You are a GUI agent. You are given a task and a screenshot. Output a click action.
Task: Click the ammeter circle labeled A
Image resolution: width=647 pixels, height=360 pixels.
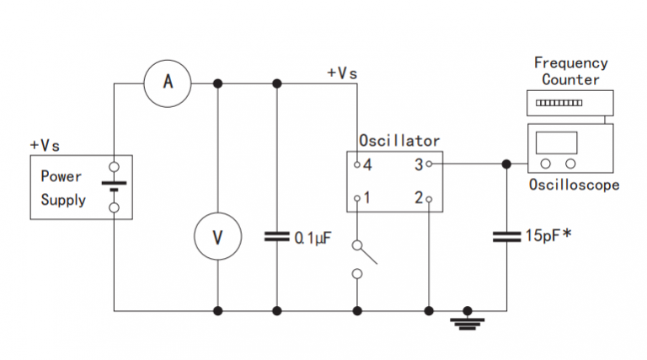168,82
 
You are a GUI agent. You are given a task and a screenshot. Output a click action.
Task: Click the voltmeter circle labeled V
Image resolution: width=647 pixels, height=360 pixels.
217,236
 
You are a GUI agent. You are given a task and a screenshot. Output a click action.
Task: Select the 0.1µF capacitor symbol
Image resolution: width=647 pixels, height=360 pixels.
276,237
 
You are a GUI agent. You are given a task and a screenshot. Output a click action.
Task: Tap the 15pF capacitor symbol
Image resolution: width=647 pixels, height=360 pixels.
506,237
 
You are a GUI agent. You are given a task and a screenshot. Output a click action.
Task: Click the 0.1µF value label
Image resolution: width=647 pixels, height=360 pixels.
313,238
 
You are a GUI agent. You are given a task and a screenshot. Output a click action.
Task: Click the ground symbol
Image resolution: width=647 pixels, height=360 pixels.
468,320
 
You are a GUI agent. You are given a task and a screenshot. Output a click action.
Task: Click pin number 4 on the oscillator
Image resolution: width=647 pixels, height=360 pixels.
368,164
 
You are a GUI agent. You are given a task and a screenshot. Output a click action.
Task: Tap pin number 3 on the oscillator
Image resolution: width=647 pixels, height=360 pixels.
417,164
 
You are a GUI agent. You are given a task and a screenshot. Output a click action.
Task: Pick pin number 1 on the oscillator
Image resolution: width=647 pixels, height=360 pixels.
368,199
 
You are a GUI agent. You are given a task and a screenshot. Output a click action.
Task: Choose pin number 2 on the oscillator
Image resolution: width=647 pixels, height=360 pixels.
417,199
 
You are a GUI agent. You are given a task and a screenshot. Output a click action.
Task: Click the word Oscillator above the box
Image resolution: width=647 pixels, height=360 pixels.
398,141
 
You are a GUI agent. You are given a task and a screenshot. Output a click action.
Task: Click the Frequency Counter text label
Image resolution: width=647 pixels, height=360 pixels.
570,71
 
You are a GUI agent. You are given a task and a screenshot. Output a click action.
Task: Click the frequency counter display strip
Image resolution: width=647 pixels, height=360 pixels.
559,103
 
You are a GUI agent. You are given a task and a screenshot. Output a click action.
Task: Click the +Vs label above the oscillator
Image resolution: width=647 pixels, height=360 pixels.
342,73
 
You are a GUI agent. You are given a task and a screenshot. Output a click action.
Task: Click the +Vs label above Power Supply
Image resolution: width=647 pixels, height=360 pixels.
45,145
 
